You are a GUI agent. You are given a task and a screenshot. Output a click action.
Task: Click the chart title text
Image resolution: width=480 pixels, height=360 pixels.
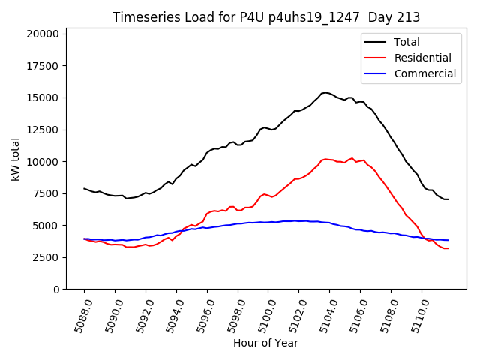266,17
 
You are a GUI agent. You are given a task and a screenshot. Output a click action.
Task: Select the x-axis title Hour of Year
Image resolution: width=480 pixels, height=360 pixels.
265,343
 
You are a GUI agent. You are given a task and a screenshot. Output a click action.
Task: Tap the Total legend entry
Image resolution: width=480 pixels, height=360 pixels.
406,42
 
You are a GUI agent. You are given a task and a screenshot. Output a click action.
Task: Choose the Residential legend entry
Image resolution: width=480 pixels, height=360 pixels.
422,58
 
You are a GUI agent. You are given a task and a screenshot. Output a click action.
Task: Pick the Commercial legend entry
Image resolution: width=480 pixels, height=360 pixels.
424,73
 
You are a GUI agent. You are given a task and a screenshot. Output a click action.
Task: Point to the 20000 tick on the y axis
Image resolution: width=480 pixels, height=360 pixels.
42,34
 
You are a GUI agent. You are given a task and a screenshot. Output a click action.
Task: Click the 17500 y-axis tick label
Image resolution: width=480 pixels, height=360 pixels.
42,66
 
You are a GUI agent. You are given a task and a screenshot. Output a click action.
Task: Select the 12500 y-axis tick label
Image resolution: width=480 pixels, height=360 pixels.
42,130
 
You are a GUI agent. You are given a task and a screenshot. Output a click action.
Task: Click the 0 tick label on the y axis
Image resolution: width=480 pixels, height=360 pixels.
55,289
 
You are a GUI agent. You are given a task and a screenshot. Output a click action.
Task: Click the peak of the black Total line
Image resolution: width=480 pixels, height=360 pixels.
325,92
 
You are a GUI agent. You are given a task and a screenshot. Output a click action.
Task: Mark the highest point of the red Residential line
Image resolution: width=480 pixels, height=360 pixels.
352,158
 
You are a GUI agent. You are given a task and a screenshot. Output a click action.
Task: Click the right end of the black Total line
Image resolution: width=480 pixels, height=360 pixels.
448,199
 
